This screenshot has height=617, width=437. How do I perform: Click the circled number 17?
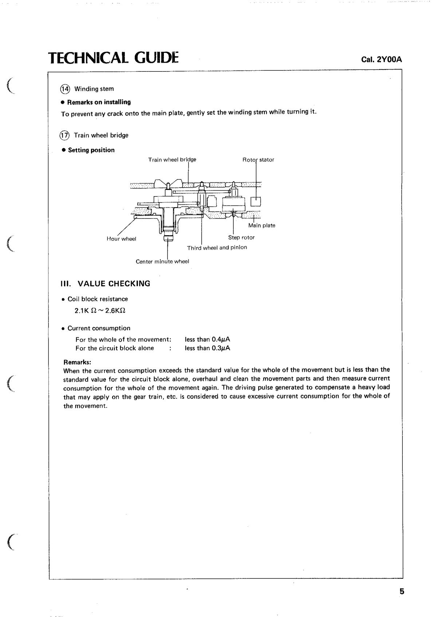coord(64,135)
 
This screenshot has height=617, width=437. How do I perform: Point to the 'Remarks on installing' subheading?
coord(99,102)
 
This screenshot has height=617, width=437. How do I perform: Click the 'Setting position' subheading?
coord(91,150)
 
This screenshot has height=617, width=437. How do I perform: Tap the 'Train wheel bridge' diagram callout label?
coord(172,160)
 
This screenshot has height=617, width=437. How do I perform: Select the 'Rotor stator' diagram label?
coord(258,160)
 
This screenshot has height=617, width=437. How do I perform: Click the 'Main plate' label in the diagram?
coord(261,225)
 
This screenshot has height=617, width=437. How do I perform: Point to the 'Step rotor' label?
coord(241,237)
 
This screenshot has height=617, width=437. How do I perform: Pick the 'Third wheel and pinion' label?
coord(217,248)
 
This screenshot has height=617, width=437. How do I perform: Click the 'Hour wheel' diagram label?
coord(121,239)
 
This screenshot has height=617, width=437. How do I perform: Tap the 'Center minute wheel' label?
coord(162,262)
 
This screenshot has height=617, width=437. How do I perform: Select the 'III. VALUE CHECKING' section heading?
coord(106,284)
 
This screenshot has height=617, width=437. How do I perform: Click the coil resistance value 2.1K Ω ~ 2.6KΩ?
coord(100,311)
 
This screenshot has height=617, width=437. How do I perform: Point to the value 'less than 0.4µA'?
coord(207,339)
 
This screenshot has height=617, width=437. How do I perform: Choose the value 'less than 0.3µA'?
coord(207,348)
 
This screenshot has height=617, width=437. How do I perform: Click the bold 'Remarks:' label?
coord(77,362)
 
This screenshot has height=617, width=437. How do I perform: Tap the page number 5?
coord(402,592)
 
